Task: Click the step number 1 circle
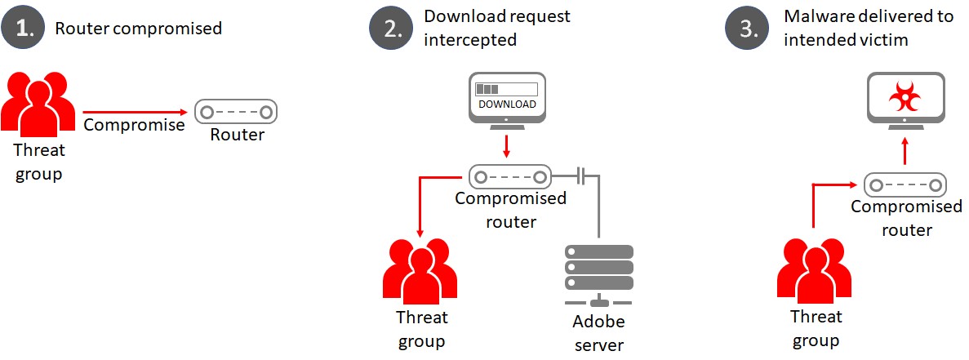[25, 29]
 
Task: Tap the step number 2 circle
[393, 29]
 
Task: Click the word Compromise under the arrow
[134, 125]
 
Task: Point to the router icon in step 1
[236, 111]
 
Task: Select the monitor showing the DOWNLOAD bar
[507, 97]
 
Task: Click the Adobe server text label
[598, 335]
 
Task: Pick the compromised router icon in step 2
[510, 176]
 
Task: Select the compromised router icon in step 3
[906, 184]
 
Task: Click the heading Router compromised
[138, 29]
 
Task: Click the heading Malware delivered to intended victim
[868, 28]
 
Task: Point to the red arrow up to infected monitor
[905, 151]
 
